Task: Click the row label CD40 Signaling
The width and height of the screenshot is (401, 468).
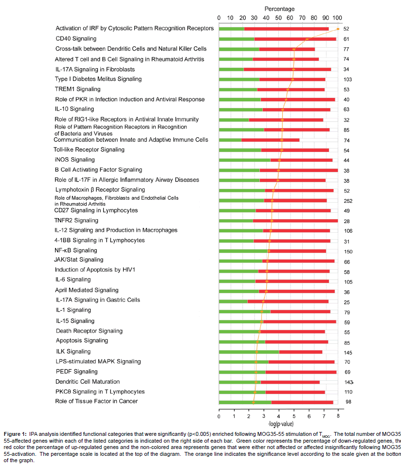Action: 76,38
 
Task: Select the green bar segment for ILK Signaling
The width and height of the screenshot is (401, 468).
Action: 249,352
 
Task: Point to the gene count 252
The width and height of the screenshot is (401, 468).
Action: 347,201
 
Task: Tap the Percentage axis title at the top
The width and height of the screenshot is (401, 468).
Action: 279,9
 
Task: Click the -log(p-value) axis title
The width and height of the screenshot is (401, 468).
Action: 277,425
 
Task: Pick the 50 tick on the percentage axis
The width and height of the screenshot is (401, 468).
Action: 279,19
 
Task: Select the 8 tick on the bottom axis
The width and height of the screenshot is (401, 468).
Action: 338,416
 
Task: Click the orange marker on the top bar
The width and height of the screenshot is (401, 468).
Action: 338,29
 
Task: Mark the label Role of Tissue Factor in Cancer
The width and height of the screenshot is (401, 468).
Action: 96,401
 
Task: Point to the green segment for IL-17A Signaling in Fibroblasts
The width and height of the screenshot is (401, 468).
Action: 231,69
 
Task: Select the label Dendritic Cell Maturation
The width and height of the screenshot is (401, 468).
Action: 88,382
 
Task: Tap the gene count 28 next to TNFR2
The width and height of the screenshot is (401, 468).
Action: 346,221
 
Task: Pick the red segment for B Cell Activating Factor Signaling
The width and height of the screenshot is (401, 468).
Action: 299,170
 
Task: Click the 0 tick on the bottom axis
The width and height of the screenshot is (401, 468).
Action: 219,416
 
